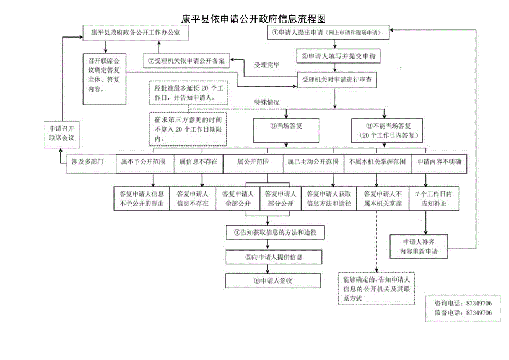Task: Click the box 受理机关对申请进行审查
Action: pyautogui.click(x=336, y=80)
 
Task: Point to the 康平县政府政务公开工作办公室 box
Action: pyautogui.click(x=136, y=33)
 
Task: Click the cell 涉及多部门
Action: pyautogui.click(x=87, y=163)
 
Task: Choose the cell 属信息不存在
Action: pyautogui.click(x=198, y=163)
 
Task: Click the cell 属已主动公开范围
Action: pyautogui.click(x=313, y=163)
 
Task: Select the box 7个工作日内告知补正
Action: pyautogui.click(x=434, y=199)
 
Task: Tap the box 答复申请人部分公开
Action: pyautogui.click(x=279, y=199)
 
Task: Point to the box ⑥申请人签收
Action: pyautogui.click(x=273, y=280)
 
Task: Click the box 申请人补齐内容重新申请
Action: pyautogui.click(x=419, y=247)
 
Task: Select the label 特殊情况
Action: pyautogui.click(x=267, y=102)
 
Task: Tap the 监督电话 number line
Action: pyautogui.click(x=463, y=312)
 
